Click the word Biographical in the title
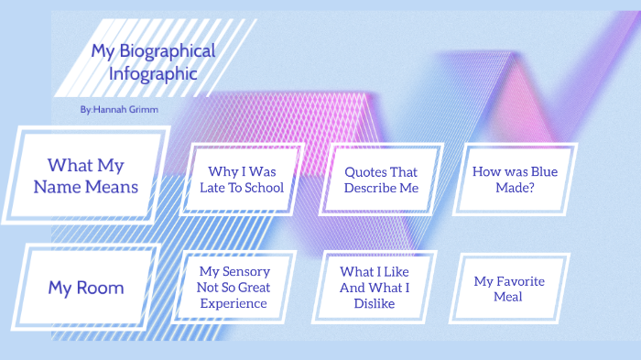(x=164, y=50)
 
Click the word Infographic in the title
(x=153, y=73)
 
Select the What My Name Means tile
(x=86, y=176)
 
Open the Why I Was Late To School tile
(x=242, y=180)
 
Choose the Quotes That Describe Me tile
(x=381, y=180)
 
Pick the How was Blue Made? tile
(x=515, y=180)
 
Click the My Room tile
(x=86, y=288)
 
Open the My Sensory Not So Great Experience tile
(x=234, y=287)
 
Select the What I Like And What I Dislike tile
(x=374, y=287)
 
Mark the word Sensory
(x=246, y=271)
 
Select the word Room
(x=100, y=288)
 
